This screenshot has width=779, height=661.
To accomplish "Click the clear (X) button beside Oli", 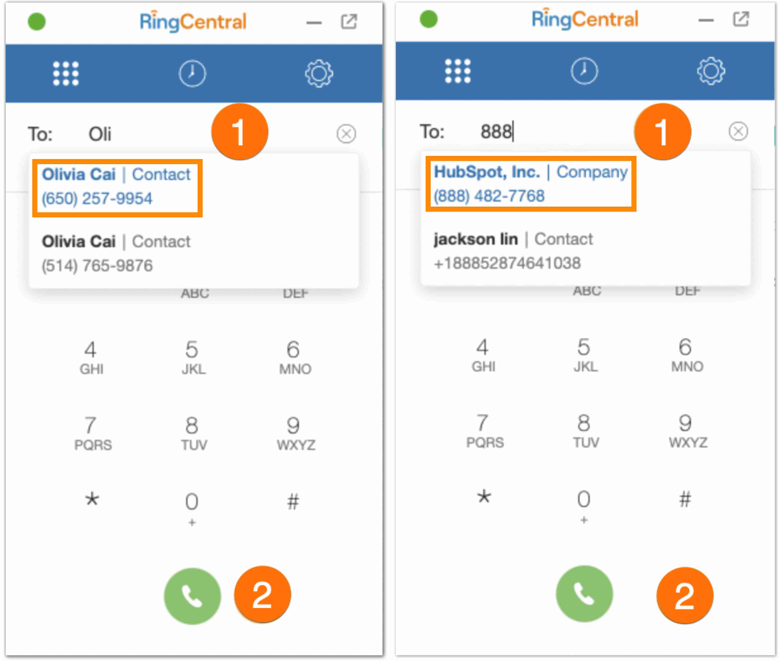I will pyautogui.click(x=346, y=134).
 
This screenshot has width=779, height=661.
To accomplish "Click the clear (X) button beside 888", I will pyautogui.click(x=738, y=132).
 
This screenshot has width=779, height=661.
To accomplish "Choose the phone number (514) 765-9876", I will pyautogui.click(x=97, y=266).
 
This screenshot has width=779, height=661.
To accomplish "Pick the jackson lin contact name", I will pyautogui.click(x=476, y=239).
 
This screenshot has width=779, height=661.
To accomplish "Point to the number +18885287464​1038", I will pyautogui.click(x=507, y=263).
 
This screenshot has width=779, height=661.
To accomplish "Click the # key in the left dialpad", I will pyautogui.click(x=293, y=501).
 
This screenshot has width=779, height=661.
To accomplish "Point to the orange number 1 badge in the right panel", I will pyautogui.click(x=662, y=132).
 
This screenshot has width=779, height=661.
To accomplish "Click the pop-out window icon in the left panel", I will pyautogui.click(x=349, y=21).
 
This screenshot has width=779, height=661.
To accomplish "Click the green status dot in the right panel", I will pyautogui.click(x=429, y=19).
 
